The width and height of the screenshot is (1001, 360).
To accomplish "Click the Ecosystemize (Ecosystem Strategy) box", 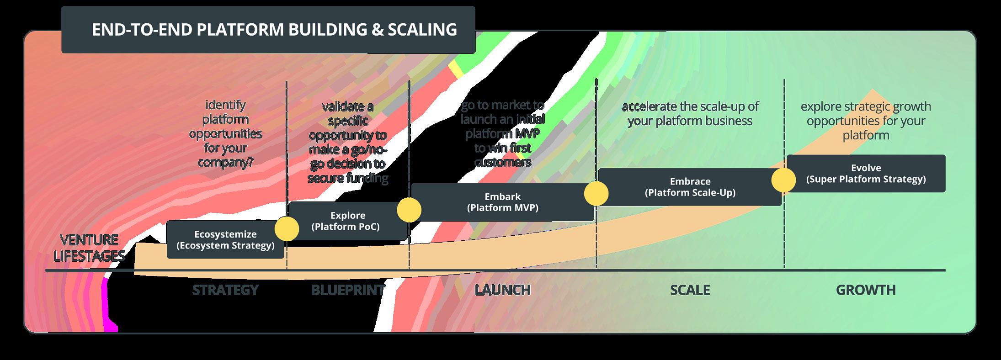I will (x=225, y=240).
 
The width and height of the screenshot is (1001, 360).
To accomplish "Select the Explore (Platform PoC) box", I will (x=348, y=221).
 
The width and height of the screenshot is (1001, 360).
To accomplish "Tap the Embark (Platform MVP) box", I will (x=502, y=202).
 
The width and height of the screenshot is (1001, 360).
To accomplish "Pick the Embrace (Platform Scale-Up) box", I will (x=690, y=187).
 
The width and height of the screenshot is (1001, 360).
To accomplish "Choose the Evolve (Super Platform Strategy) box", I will (x=866, y=174).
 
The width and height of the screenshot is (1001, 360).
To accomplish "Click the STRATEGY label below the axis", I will (x=225, y=290).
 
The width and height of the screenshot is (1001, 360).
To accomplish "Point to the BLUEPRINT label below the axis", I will (x=348, y=290).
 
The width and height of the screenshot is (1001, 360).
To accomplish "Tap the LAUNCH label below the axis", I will (x=502, y=290).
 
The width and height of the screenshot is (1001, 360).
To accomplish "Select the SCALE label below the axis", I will (x=690, y=290).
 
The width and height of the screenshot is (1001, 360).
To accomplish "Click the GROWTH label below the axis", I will (x=866, y=290).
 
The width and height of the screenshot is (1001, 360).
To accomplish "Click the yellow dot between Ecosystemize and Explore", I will (x=287, y=228).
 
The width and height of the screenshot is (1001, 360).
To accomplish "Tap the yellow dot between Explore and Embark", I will (x=409, y=210).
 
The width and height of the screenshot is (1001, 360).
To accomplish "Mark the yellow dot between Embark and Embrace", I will (x=596, y=193).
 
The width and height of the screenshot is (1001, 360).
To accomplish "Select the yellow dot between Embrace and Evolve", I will (x=784, y=180).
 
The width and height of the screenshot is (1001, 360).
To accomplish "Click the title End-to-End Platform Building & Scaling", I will (x=274, y=30).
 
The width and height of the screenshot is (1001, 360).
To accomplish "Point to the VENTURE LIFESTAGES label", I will (x=89, y=248).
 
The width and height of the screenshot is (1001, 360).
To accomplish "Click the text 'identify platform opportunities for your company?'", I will (x=225, y=134).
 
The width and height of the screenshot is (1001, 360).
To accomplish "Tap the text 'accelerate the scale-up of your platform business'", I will (x=690, y=114).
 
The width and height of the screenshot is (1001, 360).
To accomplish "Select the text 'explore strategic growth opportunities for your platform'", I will (x=866, y=121).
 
